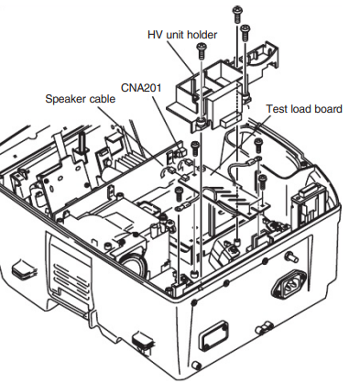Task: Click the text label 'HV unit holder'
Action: click(182, 35)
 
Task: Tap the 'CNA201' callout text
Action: click(141, 88)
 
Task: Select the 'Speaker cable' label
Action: click(81, 99)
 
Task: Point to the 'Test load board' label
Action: click(304, 109)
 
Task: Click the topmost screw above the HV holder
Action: click(237, 15)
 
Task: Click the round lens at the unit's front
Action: click(133, 265)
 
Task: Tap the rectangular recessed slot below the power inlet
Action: click(213, 336)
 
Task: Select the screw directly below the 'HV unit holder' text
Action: click(202, 51)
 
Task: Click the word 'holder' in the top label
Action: click(202, 35)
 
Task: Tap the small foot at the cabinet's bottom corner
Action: click(196, 365)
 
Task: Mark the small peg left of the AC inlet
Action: click(292, 257)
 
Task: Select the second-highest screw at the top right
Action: click(245, 32)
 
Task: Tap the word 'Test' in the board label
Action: click(276, 109)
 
